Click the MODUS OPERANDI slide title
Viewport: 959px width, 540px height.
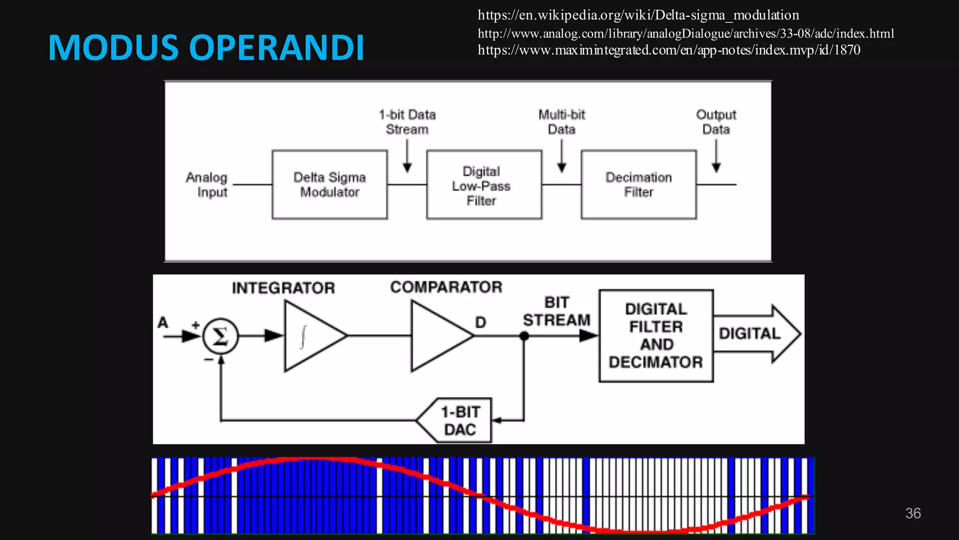click(206, 48)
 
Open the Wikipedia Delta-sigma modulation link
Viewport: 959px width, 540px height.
click(638, 15)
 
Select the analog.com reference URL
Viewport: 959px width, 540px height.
click(686, 33)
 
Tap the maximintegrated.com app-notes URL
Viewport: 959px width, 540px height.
click(669, 50)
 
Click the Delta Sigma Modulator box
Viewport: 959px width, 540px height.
click(330, 185)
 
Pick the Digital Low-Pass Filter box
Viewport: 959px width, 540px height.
click(484, 185)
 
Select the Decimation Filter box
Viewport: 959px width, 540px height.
click(638, 185)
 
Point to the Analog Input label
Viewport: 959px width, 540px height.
click(207, 185)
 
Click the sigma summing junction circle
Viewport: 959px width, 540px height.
click(220, 336)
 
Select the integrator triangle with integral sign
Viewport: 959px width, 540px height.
click(311, 336)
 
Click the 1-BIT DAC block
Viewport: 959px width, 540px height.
click(457, 420)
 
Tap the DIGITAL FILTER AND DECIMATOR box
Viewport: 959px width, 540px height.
click(656, 336)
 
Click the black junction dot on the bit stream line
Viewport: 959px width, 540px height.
click(524, 336)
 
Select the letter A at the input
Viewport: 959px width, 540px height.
click(162, 323)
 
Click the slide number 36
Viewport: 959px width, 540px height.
click(913, 513)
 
